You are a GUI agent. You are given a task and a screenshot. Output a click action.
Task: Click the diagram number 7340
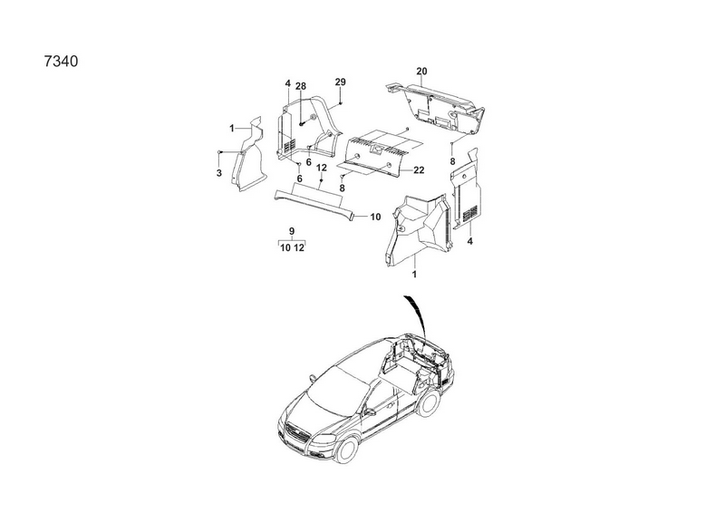pyautogui.click(x=61, y=61)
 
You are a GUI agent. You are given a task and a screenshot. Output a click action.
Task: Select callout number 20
pyautogui.click(x=421, y=72)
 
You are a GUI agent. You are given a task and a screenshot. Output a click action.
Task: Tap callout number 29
pyautogui.click(x=341, y=82)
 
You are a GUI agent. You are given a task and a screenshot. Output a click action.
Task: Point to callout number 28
pyautogui.click(x=301, y=86)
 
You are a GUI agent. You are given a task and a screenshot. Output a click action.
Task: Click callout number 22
pyautogui.click(x=419, y=170)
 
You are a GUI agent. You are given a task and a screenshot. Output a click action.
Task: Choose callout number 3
pyautogui.click(x=218, y=173)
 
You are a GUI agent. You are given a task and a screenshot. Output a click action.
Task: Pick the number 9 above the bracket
pyautogui.click(x=292, y=231)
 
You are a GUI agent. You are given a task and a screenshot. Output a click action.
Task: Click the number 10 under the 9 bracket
pyautogui.click(x=285, y=248)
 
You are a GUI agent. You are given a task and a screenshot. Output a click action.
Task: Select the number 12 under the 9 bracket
pyautogui.click(x=299, y=248)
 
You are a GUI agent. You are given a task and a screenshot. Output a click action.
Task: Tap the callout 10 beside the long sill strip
pyautogui.click(x=375, y=217)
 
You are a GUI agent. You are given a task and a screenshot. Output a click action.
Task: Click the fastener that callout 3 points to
pyautogui.click(x=219, y=151)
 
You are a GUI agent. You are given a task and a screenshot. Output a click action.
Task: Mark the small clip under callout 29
pyautogui.click(x=341, y=103)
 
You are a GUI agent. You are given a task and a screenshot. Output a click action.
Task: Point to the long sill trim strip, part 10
pyautogui.click(x=315, y=203)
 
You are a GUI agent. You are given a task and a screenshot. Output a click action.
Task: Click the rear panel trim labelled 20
pyautogui.click(x=435, y=106)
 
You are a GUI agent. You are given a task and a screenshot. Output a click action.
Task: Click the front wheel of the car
pyautogui.click(x=345, y=450)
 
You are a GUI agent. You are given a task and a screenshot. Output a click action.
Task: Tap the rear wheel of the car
pyautogui.click(x=429, y=402)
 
